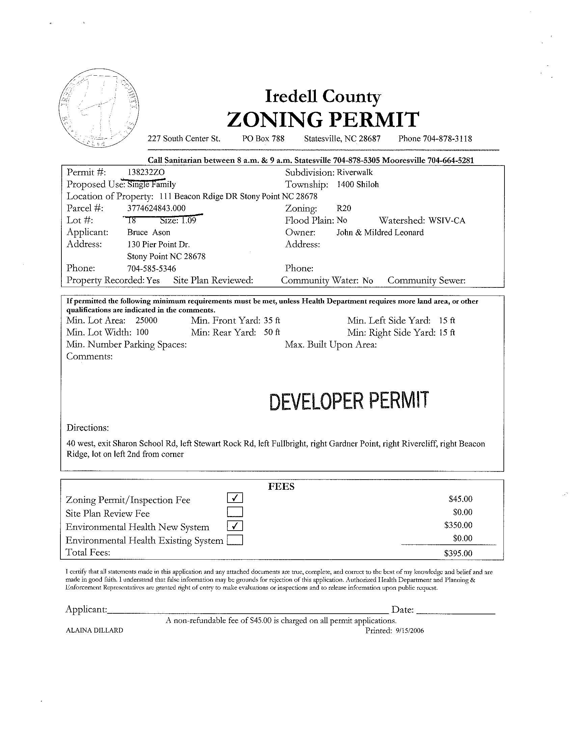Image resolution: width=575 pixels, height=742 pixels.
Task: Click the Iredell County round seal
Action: coord(99,108)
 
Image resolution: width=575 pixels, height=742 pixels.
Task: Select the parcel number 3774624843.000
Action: coord(157,208)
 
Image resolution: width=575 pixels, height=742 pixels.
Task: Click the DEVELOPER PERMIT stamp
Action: coord(349,401)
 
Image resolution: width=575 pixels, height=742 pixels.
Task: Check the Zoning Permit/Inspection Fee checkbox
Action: coord(235,498)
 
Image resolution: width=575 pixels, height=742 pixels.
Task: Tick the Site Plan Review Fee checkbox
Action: coord(235,512)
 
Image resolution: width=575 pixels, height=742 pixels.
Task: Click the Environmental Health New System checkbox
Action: coord(235,526)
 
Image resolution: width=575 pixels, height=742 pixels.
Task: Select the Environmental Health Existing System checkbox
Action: coord(235,540)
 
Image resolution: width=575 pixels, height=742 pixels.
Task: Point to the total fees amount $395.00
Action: coord(458,554)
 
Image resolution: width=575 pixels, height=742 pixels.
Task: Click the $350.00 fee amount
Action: coord(458,525)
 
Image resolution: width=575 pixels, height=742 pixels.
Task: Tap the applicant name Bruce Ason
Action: coord(149,232)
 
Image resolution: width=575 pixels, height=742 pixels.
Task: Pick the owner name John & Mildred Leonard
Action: coord(380,232)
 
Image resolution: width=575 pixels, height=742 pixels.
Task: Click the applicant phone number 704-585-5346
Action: coord(152,268)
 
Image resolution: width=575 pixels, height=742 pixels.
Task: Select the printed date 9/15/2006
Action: coord(410,631)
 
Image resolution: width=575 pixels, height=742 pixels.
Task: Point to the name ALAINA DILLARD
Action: coord(94,630)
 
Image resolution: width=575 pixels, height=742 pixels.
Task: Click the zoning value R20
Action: coord(344,208)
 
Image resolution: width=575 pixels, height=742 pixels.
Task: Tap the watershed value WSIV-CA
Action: coord(447,221)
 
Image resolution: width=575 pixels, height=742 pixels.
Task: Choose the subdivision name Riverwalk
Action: coord(355,172)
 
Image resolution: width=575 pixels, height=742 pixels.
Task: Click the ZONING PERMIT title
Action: coord(323,120)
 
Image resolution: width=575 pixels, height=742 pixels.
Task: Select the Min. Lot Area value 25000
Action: coord(146,321)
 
